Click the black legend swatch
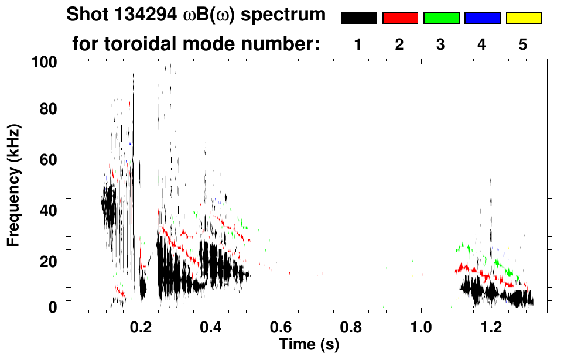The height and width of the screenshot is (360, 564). pyautogui.click(x=359, y=18)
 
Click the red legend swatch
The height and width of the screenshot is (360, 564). pyautogui.click(x=400, y=18)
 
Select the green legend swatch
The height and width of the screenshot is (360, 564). pyautogui.click(x=441, y=18)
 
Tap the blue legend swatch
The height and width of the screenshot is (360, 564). pyautogui.click(x=482, y=18)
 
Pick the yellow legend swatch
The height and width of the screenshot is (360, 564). pyautogui.click(x=523, y=18)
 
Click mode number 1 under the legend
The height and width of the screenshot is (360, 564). pyautogui.click(x=358, y=44)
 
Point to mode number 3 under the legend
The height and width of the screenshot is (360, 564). pyautogui.click(x=440, y=44)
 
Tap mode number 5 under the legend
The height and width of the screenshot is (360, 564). pyautogui.click(x=523, y=44)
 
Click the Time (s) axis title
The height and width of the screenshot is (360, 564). pyautogui.click(x=309, y=344)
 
